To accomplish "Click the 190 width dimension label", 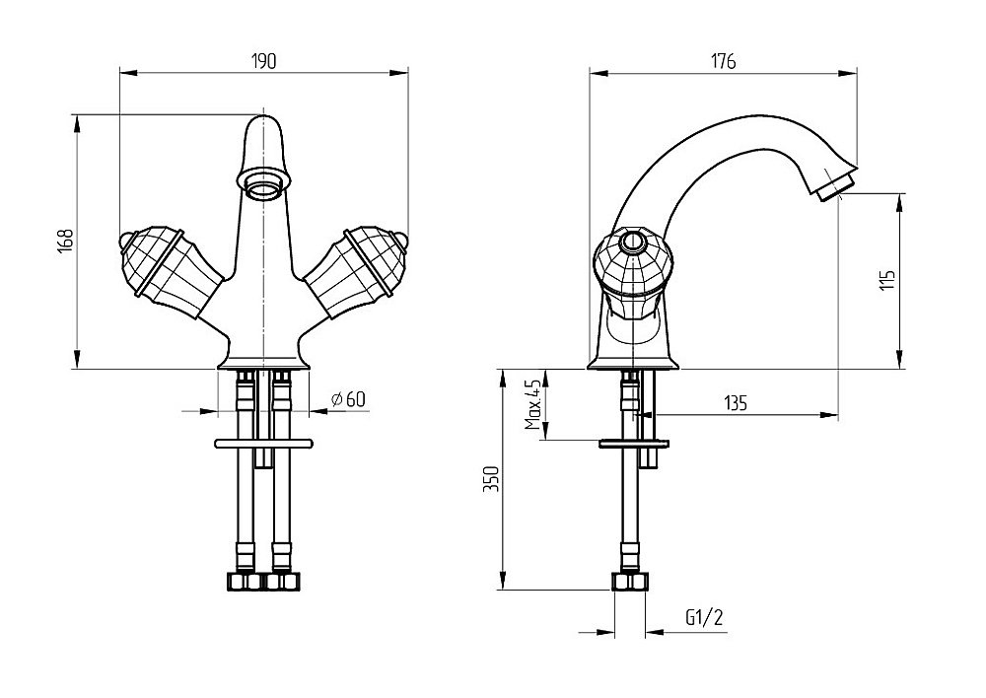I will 262,61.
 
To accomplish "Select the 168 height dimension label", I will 65,242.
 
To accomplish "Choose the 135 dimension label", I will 736,402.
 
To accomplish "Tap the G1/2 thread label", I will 704,618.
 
